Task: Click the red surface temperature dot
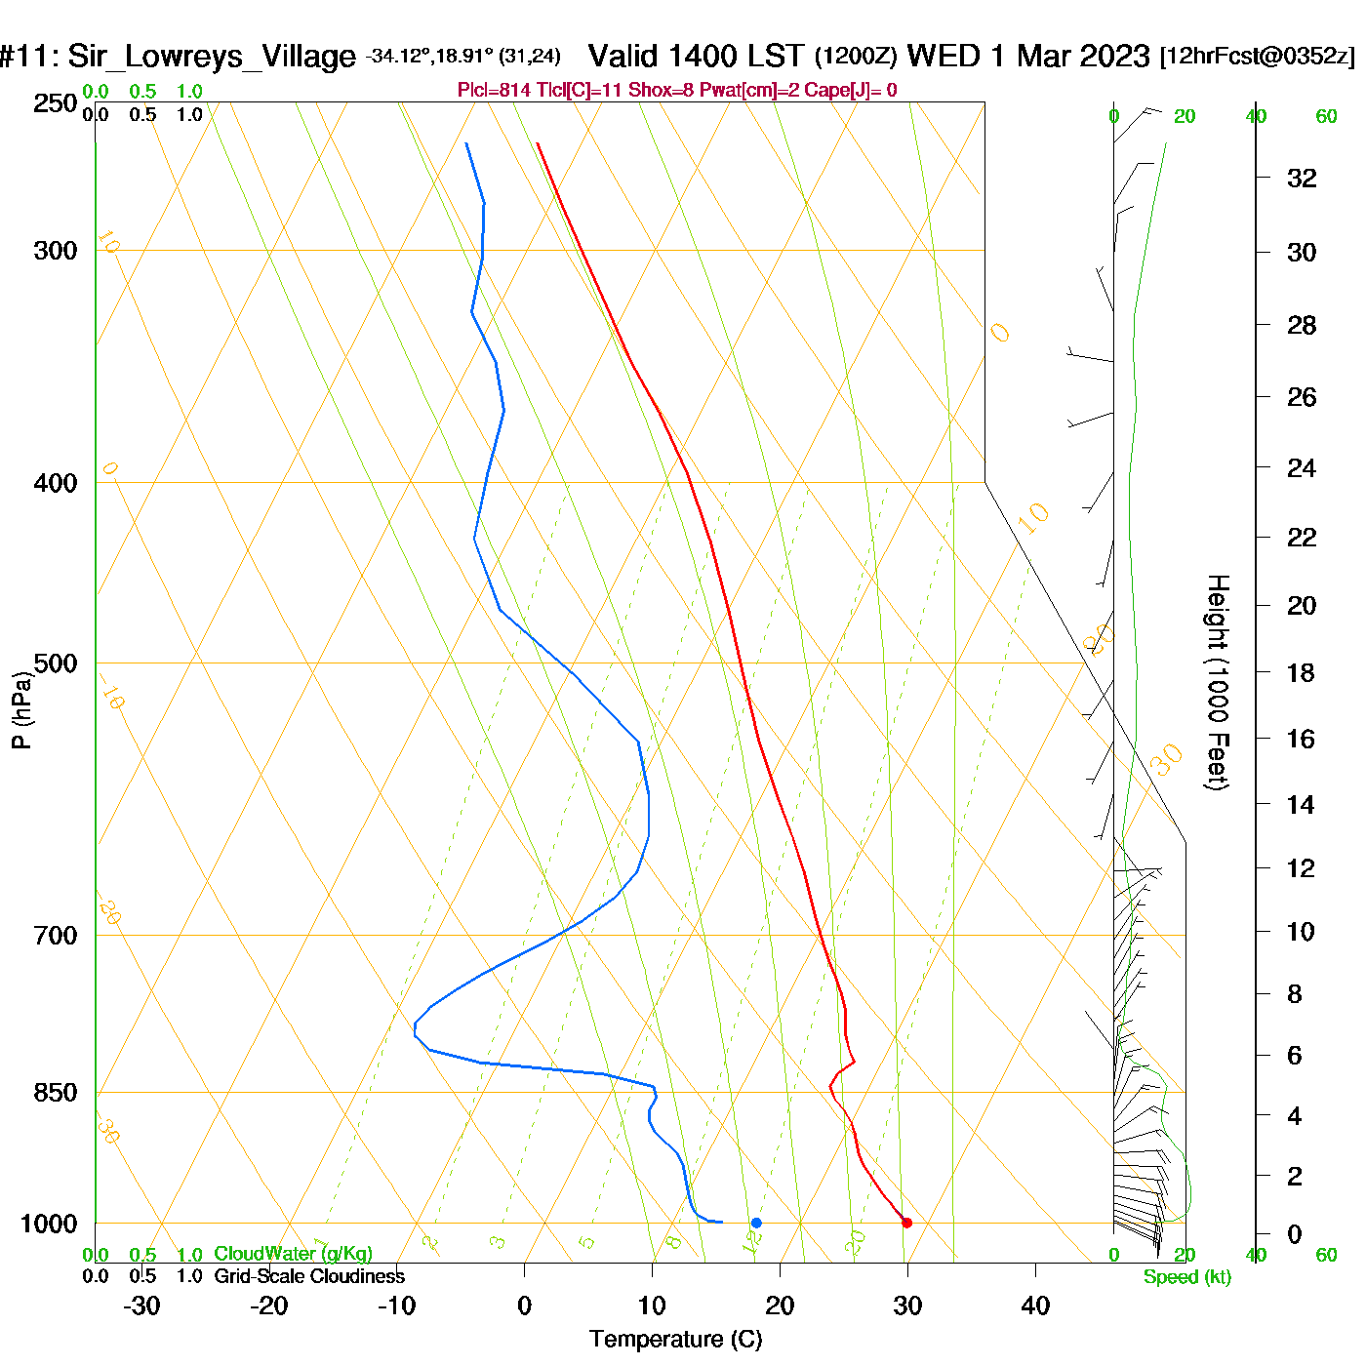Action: [906, 1223]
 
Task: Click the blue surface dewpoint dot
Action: [756, 1223]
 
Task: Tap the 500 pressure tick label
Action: [56, 663]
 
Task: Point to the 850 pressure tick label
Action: [56, 1093]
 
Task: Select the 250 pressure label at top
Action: [56, 103]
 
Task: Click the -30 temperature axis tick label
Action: [141, 1306]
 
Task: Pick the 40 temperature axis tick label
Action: [1035, 1306]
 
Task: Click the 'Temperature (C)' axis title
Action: [675, 1339]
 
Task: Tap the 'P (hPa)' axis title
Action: [21, 710]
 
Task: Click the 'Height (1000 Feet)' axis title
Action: [1218, 682]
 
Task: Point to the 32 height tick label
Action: [1302, 178]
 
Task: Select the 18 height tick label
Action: [1301, 672]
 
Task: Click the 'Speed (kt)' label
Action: [1187, 1277]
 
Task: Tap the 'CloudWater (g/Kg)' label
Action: [293, 1254]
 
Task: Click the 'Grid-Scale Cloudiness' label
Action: [309, 1276]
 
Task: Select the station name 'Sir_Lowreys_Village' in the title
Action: [211, 57]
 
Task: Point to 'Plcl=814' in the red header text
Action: [495, 91]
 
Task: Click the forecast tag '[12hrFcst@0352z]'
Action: [1257, 56]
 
